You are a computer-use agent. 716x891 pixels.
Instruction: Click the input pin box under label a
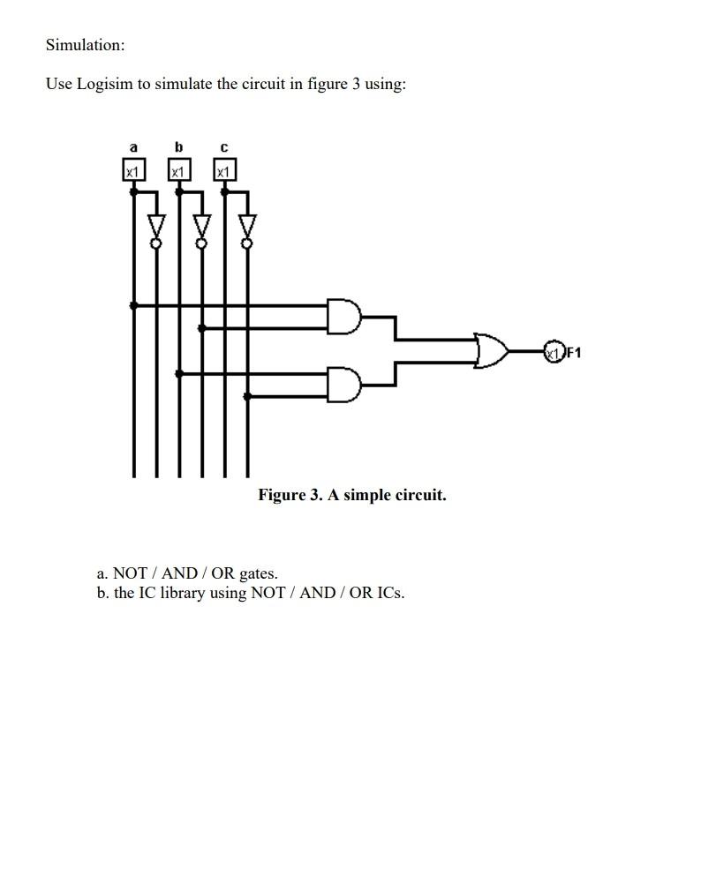coord(133,170)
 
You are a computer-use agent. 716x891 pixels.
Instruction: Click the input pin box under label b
coord(179,170)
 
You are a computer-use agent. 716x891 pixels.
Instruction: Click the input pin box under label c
coord(224,170)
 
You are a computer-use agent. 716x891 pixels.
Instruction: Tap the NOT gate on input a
coord(156,227)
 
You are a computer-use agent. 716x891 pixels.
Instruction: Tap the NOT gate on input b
coord(202,227)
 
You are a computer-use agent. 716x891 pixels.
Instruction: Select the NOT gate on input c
coord(247,227)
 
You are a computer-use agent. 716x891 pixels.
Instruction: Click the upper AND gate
coord(343,316)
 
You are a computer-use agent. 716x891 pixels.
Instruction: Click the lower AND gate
coord(343,385)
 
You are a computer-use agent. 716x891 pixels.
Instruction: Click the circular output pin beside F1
coord(554,352)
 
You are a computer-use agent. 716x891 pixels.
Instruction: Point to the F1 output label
coord(573,353)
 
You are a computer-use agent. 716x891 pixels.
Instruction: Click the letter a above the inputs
coord(133,146)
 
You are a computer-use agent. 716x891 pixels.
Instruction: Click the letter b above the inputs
coord(179,146)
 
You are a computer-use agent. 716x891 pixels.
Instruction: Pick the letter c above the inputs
coord(224,147)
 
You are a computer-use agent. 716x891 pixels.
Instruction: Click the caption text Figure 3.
coord(290,495)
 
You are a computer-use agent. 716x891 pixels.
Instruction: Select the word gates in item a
coord(258,573)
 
